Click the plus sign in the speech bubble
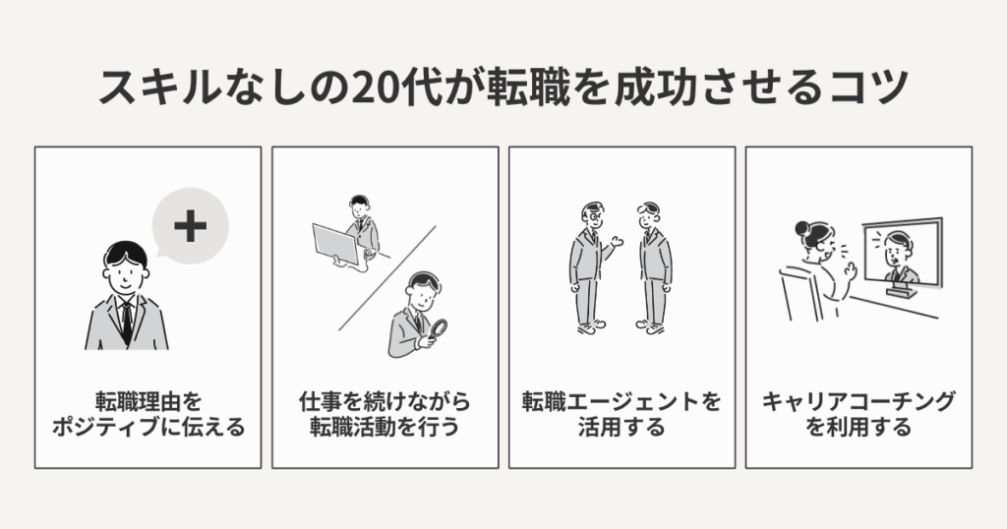[190, 226]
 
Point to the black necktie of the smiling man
[126, 321]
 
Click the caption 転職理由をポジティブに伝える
[148, 415]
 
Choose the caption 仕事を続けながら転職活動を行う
[385, 415]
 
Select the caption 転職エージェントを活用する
[622, 415]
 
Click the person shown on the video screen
[900, 256]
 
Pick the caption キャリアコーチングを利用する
[859, 415]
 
